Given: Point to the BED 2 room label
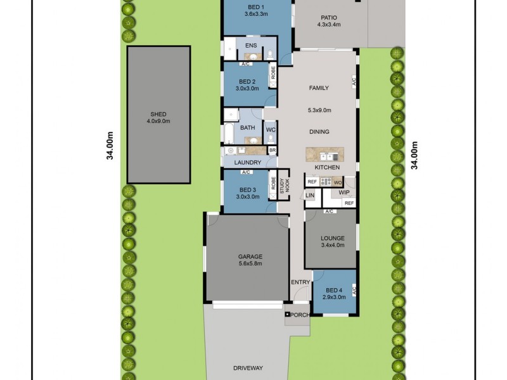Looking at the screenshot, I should coord(247,85).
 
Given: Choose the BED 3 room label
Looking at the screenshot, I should coord(247,193).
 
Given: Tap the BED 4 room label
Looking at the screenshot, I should coord(333,293).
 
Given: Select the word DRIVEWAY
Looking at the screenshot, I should coord(247,367).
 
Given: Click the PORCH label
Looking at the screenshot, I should coord(300,315).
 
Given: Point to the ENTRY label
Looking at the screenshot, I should coord(300,282).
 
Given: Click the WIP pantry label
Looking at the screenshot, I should coord(344,191).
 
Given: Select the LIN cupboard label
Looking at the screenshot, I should coord(310,196).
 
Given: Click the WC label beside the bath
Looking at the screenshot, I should coord(271,130).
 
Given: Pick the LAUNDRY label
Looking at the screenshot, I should coord(247,162).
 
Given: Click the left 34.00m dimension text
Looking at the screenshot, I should coord(110,146).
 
